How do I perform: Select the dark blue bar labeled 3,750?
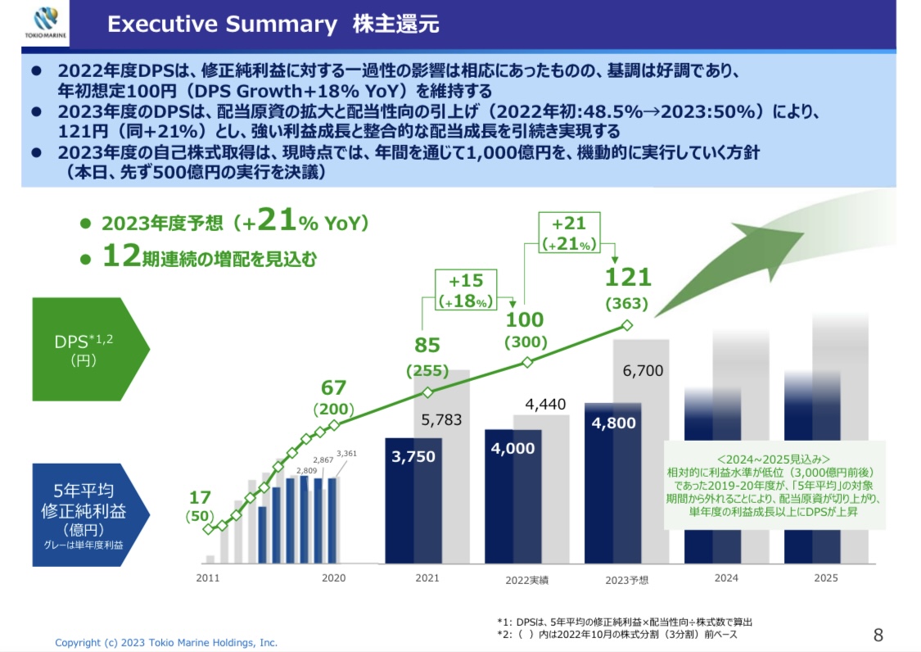[413, 501]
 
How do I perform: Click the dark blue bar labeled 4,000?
[512, 497]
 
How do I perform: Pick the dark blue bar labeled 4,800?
[612, 483]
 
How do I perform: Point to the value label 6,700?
[643, 371]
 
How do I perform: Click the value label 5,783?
[442, 420]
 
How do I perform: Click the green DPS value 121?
[626, 278]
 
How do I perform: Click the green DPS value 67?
[333, 387]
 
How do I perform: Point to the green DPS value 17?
[200, 497]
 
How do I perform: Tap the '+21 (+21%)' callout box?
[569, 233]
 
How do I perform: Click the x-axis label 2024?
[725, 578]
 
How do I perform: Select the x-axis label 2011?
[209, 578]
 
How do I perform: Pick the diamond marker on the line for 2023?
[627, 325]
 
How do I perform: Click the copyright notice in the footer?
[166, 643]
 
